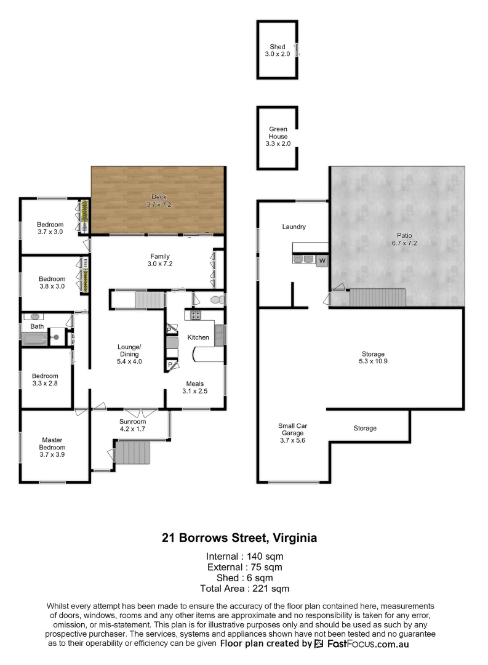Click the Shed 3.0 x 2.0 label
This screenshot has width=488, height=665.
278,50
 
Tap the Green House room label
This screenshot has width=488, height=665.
278,136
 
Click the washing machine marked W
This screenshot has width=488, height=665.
322,261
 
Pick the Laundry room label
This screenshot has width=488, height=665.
294,227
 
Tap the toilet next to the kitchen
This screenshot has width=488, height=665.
215,300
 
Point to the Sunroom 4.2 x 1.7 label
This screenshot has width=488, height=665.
132,425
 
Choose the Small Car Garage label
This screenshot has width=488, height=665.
293,433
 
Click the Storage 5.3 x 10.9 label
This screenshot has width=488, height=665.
374,358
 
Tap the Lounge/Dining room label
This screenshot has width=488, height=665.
129,354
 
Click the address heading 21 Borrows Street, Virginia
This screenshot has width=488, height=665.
239,538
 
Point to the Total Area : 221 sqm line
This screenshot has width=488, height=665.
244,589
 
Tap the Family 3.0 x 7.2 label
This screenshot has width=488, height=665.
160,260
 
